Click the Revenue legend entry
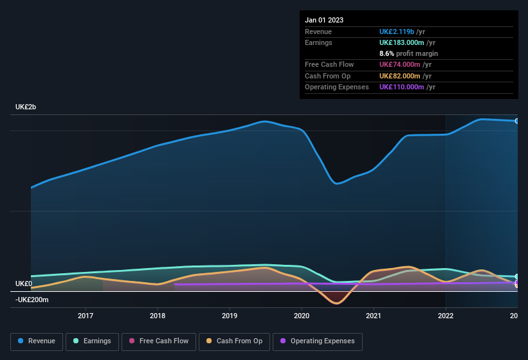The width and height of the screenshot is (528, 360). coord(37,341)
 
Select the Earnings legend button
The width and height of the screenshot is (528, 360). coord(91,341)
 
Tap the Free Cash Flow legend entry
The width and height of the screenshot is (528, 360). coord(158,341)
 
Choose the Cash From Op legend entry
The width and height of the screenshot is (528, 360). coord(233,341)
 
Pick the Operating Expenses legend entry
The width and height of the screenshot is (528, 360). coord(317,341)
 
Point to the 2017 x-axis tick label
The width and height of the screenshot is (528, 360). coord(86,316)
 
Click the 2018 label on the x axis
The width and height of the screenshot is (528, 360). coord(158,316)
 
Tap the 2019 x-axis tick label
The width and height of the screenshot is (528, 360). coord(230,316)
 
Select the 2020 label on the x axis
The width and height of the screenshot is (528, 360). coord(302,316)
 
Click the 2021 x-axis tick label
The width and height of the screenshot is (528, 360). coord(374,316)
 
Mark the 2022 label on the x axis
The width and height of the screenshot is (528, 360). coord(446,316)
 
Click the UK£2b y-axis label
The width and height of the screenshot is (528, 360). coord(26,107)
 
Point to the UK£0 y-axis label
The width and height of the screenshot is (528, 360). coord(24,283)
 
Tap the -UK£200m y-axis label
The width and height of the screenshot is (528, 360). coord(32,300)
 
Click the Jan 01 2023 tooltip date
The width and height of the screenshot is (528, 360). coord(324,20)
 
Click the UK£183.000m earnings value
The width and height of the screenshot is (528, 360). coord(401,42)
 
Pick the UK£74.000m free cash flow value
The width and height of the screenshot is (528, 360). coord(399,65)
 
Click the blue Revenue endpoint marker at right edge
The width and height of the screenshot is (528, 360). coord(516,121)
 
